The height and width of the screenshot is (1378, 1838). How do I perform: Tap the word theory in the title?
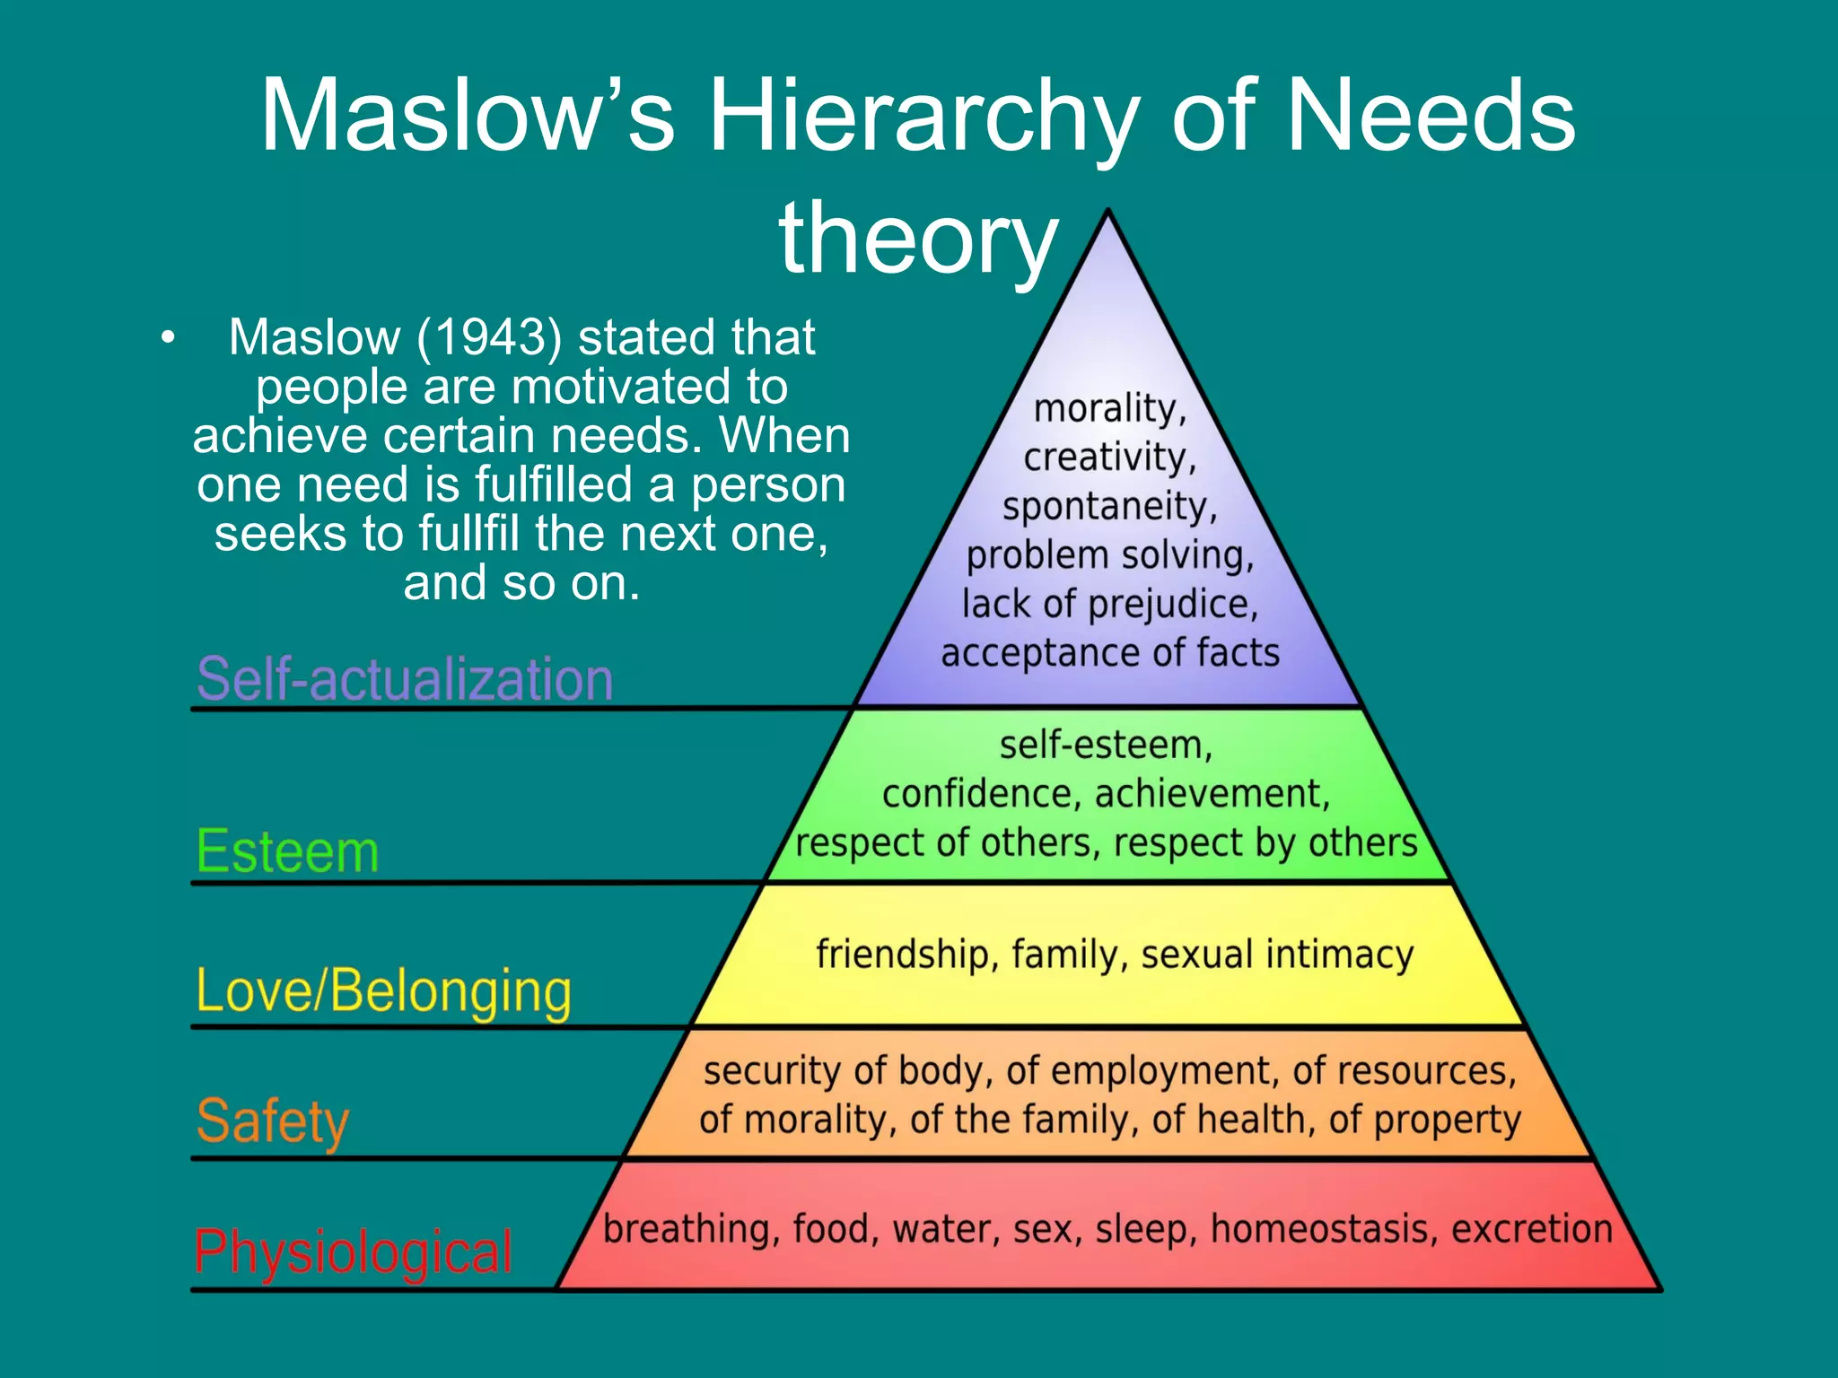tap(918, 239)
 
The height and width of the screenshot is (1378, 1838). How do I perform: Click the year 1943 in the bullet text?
tap(490, 337)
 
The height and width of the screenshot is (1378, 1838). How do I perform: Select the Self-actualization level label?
tap(405, 678)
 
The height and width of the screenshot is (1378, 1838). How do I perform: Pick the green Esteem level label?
tap(287, 850)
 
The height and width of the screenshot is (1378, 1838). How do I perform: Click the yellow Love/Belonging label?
tap(383, 991)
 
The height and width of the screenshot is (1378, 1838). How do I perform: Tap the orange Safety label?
tap(273, 1121)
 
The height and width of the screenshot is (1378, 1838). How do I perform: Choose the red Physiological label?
tap(354, 1252)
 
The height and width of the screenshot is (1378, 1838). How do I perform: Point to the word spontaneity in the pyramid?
tap(1109, 507)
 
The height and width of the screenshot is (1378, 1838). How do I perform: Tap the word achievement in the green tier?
tap(1212, 794)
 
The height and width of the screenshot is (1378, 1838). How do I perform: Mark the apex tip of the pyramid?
tap(1109, 212)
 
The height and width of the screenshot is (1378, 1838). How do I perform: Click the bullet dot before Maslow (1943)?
tap(167, 339)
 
